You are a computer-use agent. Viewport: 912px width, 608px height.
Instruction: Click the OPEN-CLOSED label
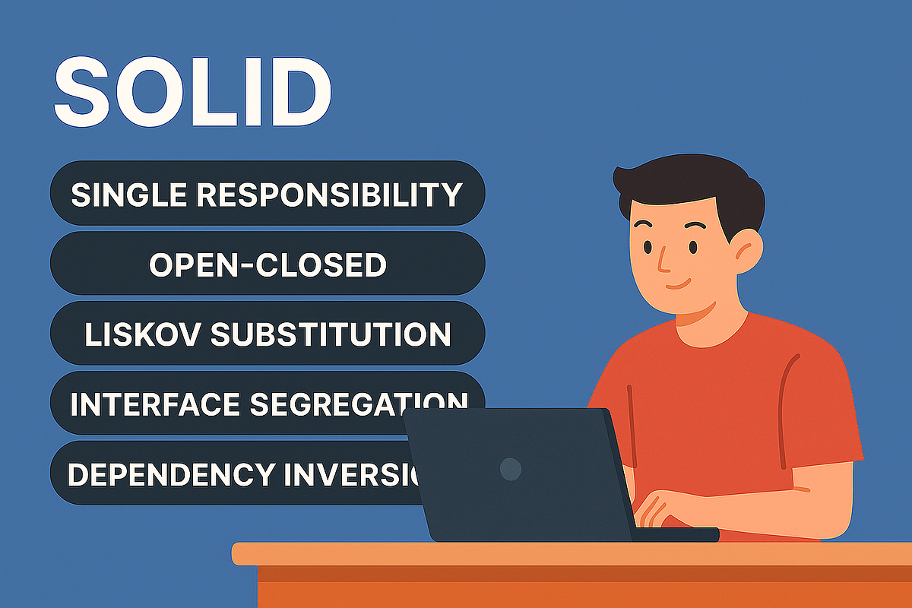click(x=268, y=264)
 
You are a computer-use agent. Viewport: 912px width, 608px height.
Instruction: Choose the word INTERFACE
click(x=155, y=404)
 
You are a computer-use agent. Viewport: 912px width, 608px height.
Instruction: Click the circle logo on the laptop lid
click(x=511, y=469)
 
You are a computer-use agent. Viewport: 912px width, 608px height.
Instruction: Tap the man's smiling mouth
click(x=678, y=286)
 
